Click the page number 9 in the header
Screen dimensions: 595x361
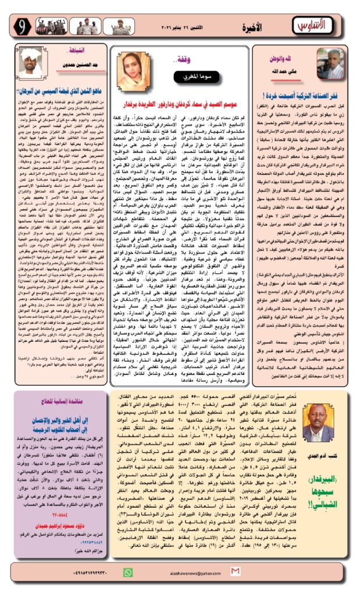point(22,26)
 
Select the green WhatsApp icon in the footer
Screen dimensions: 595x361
point(128,572)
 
